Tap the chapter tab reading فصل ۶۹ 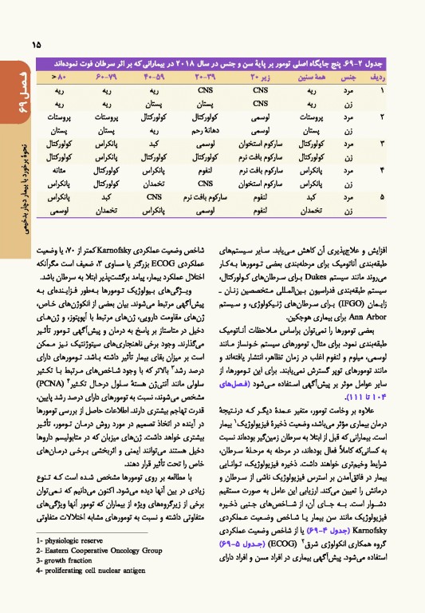pos(10,90)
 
